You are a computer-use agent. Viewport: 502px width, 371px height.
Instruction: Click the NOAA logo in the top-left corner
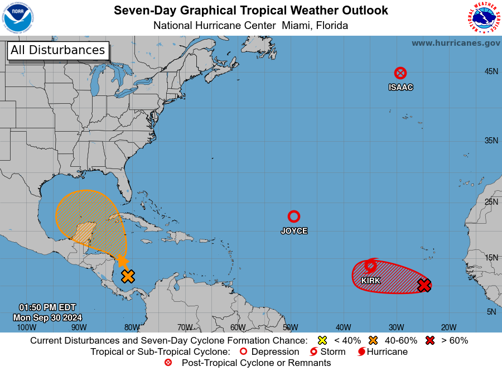pos(18,18)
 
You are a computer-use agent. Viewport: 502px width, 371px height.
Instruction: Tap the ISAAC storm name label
pos(400,87)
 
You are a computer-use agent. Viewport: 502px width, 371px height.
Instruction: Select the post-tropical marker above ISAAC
pos(400,73)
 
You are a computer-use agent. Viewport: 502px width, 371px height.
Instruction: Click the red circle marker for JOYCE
pos(294,216)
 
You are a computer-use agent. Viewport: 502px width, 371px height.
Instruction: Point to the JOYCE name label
pos(294,230)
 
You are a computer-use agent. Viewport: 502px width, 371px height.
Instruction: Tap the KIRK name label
pos(371,281)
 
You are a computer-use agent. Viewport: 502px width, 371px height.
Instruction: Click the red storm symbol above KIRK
pos(371,266)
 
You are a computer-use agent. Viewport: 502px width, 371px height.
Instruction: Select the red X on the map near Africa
pos(424,285)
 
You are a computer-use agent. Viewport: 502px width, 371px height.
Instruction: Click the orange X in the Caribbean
pos(128,276)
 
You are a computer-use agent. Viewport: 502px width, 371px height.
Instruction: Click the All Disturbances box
pos(57,50)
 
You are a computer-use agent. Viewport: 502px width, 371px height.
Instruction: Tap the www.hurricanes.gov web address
pos(456,43)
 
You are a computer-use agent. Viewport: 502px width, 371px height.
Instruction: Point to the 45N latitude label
pos(491,71)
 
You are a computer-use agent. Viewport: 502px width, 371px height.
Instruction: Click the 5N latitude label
pos(491,312)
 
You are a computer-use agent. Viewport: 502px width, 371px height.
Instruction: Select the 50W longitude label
pos(290,327)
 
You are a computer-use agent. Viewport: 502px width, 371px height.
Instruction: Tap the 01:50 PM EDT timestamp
pos(47,307)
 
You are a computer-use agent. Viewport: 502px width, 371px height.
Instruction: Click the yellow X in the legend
pos(322,340)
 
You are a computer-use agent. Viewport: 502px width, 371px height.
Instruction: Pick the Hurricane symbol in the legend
pos(362,351)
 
